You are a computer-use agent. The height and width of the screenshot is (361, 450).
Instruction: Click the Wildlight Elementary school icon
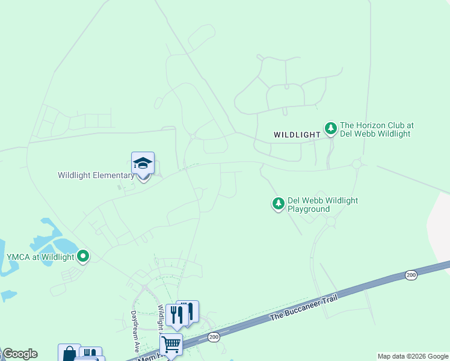pyautogui.click(x=143, y=163)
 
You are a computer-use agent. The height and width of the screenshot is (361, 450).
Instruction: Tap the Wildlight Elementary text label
pyautogui.click(x=96, y=176)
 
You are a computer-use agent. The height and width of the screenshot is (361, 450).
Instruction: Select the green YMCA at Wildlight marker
pyautogui.click(x=83, y=257)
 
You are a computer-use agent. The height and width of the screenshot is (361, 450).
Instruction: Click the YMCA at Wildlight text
pyautogui.click(x=40, y=258)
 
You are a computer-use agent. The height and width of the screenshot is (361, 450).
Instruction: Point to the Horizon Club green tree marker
pyautogui.click(x=330, y=128)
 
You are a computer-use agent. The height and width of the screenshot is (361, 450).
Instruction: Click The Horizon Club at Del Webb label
pyautogui.click(x=377, y=130)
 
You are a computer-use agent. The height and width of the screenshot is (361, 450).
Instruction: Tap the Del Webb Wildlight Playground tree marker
pyautogui.click(x=278, y=204)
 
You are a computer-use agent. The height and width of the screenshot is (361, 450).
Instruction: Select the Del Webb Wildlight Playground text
pyautogui.click(x=322, y=205)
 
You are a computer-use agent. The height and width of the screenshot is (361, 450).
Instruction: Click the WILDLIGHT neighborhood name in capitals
pyautogui.click(x=297, y=135)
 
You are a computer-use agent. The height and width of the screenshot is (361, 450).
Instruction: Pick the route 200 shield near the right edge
pyautogui.click(x=411, y=275)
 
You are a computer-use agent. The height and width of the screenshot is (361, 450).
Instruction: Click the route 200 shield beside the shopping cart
pyautogui.click(x=214, y=338)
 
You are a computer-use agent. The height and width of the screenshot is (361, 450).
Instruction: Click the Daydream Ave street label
pyautogui.click(x=136, y=332)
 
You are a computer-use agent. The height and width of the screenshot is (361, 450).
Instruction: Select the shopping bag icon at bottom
pyautogui.click(x=69, y=353)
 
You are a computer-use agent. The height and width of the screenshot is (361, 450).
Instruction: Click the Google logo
pyautogui.click(x=20, y=354)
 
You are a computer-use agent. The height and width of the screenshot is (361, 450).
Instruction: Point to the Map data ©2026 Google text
pyautogui.click(x=413, y=356)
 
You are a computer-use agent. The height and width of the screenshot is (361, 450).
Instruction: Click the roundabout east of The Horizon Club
pyautogui.click(x=357, y=164)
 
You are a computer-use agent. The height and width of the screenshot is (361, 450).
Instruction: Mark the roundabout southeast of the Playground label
pyautogui.click(x=330, y=221)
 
